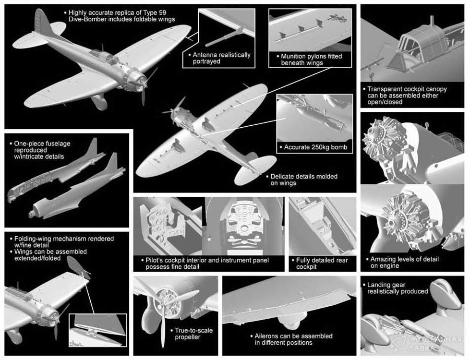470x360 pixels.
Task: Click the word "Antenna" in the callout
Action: (205, 55)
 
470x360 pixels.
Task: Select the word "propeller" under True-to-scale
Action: (187, 337)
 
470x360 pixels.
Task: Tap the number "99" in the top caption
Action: (162, 12)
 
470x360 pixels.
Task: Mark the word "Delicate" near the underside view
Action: (282, 177)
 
